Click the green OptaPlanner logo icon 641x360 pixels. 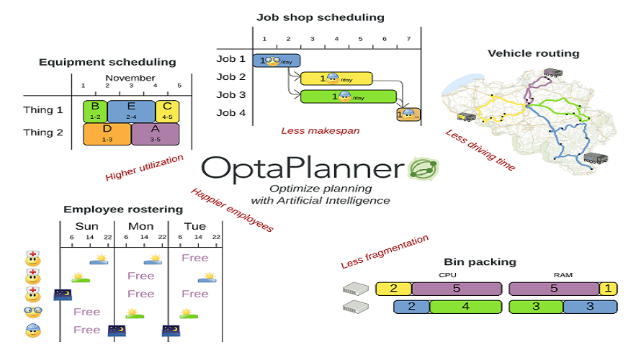click(423, 168)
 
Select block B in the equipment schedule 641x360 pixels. click(94, 110)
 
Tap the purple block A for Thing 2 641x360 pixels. click(156, 133)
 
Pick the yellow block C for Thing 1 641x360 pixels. click(167, 110)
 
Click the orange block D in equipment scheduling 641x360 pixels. click(107, 133)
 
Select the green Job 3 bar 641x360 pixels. click(348, 96)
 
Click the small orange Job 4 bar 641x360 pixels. click(408, 114)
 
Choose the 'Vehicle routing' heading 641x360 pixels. click(533, 53)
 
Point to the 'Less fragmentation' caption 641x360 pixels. click(385, 252)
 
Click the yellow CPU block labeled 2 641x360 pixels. click(393, 289)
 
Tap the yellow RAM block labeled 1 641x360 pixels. click(609, 289)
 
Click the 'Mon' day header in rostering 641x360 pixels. click(140, 226)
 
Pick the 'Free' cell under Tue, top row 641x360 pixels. click(195, 258)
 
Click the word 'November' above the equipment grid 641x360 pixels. click(130, 78)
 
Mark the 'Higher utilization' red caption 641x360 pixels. click(144, 167)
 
